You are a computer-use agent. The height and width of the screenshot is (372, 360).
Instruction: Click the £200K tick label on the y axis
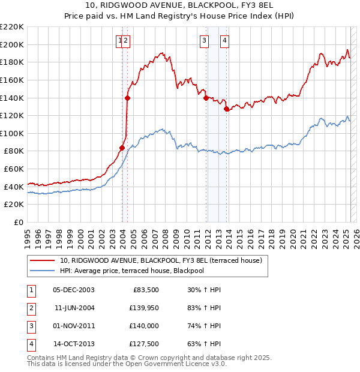point(12,44)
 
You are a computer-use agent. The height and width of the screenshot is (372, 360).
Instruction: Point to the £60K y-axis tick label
point(14,169)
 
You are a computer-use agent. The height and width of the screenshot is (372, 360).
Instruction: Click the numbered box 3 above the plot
point(205,41)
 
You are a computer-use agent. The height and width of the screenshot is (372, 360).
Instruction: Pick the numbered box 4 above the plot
point(224,41)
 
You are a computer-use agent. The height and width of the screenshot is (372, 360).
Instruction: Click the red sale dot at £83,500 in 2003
point(122,148)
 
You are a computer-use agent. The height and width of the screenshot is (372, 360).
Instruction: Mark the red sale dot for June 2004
point(128,98)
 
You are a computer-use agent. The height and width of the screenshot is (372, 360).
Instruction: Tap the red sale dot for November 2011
point(206,98)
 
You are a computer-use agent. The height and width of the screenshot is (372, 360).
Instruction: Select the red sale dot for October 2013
point(226,109)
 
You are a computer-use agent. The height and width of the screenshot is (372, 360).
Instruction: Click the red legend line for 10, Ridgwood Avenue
point(42,261)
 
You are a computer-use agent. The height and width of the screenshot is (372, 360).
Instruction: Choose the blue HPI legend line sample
point(42,271)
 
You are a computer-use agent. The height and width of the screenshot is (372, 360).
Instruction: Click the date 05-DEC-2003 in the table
point(74,290)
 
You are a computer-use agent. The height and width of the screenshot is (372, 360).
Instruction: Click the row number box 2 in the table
point(31,308)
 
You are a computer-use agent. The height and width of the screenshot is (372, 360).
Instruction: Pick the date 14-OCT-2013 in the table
point(74,344)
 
